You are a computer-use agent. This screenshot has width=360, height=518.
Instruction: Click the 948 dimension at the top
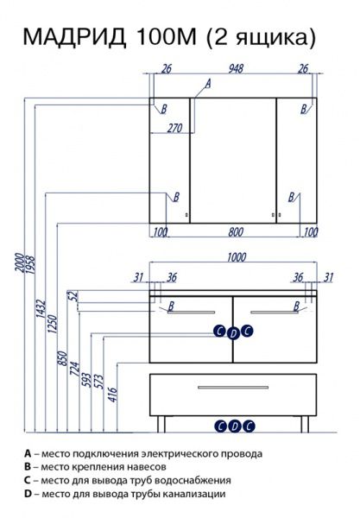coord(236,68)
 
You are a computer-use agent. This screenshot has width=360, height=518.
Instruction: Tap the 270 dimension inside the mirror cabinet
coord(174,128)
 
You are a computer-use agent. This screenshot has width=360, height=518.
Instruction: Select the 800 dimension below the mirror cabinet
coord(236,232)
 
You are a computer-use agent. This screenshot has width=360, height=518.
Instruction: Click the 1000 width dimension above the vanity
coord(237,257)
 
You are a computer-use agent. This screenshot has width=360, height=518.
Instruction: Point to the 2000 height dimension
coord(20,262)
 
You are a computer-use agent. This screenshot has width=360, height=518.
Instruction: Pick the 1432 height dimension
coord(41,308)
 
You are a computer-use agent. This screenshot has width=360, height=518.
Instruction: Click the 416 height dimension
coord(112,395)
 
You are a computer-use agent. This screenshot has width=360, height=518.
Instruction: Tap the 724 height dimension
coord(74,370)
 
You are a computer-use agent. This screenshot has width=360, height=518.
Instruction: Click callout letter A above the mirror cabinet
coord(207,83)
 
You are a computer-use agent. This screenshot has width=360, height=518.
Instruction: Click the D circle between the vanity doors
coord(233,333)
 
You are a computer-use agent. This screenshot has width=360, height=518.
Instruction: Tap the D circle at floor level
coord(235,426)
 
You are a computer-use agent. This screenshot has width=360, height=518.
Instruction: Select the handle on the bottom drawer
coord(233,387)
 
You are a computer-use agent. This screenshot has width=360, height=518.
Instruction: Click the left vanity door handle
coord(192,312)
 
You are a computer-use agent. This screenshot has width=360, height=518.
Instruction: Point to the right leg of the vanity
coord(305,424)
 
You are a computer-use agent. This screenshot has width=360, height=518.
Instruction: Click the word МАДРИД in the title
coord(75,37)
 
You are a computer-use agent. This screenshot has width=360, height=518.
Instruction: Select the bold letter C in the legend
coord(28,480)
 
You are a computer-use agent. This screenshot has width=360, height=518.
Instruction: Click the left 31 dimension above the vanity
coord(138,277)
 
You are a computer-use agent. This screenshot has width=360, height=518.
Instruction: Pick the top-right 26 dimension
coord(303,68)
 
